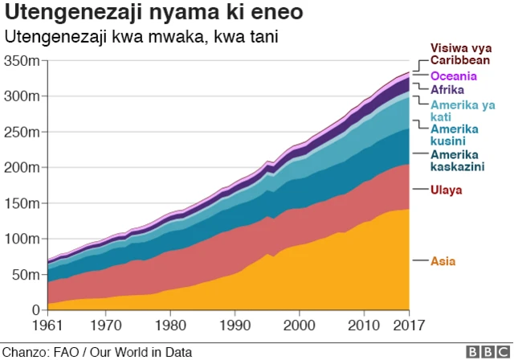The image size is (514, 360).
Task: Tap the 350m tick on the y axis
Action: [22, 61]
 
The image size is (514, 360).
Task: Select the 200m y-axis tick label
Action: [22, 167]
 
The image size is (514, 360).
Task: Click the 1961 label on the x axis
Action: [48, 326]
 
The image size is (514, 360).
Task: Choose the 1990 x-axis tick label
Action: [234, 326]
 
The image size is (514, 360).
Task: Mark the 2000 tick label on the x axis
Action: [298, 326]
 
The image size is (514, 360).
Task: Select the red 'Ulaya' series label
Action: [447, 190]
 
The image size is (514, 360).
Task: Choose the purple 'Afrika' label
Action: [447, 89]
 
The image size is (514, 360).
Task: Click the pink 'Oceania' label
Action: [454, 76]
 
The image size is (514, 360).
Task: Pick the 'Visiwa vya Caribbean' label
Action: [460, 54]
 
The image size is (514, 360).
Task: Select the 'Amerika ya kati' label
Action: [463, 110]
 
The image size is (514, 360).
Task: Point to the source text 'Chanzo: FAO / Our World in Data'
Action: [97, 351]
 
